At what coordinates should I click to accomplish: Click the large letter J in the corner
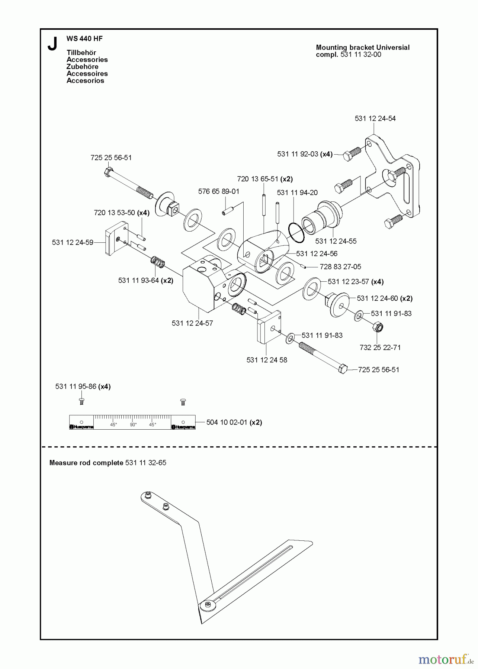tap(52, 44)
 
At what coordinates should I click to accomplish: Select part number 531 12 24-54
tap(375, 119)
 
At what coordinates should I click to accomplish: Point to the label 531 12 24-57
tap(192, 323)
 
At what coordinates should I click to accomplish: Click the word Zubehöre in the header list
tap(82, 67)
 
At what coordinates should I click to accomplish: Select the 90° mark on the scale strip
tap(133, 424)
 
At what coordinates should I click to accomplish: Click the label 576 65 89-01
tap(219, 191)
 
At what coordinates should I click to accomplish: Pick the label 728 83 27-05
tap(340, 267)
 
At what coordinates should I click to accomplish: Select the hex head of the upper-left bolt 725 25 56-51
tap(108, 172)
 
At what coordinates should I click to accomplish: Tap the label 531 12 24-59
tap(73, 243)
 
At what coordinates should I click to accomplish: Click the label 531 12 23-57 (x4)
tap(355, 282)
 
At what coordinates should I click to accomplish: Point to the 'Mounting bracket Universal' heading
tap(362, 48)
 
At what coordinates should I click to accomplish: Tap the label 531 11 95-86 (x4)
tap(83, 387)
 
